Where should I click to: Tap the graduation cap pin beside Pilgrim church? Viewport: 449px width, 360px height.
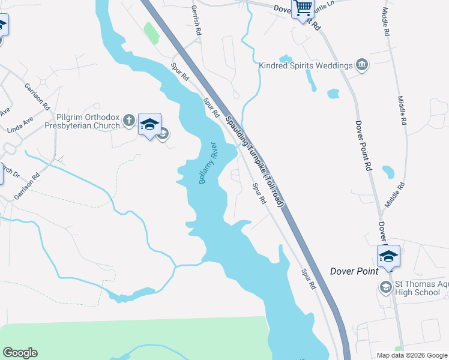pyautogui.click(x=149, y=124)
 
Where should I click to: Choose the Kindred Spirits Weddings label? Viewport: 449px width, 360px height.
pyautogui.click(x=306, y=65)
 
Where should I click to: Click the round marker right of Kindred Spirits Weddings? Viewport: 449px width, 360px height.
pyautogui.click(x=362, y=65)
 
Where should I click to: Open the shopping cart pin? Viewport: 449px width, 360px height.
pyautogui.click(x=303, y=8)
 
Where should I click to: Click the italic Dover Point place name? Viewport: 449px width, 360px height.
pyautogui.click(x=354, y=271)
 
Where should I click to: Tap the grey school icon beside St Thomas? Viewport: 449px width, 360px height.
pyautogui.click(x=385, y=288)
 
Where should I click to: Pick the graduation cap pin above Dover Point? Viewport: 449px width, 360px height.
pyautogui.click(x=388, y=256)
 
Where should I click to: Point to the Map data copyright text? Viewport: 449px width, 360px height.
pyautogui.click(x=412, y=355)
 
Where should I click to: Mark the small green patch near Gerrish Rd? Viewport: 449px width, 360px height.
pyautogui.click(x=151, y=33)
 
